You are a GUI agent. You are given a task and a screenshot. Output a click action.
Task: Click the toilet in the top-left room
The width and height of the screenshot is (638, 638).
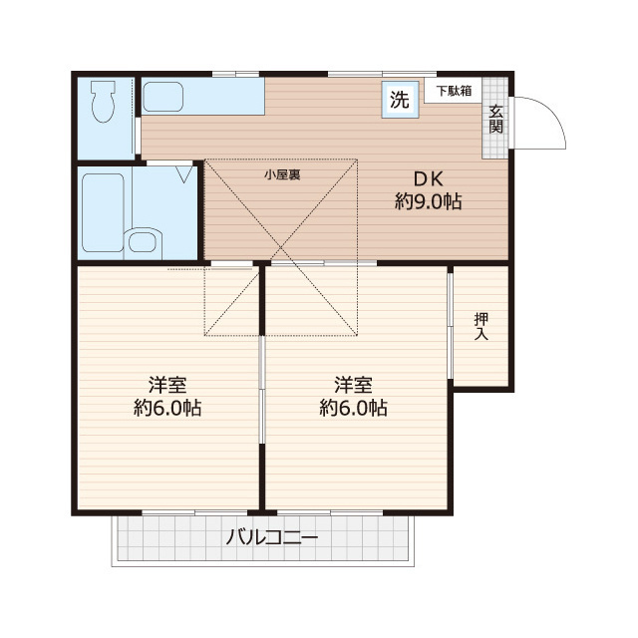click(103, 101)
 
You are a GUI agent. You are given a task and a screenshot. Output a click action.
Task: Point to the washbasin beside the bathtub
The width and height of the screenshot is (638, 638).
click(146, 240)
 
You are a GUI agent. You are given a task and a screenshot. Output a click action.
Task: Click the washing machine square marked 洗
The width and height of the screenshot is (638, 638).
click(399, 100)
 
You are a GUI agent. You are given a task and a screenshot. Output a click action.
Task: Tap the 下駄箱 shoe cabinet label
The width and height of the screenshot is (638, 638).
click(453, 91)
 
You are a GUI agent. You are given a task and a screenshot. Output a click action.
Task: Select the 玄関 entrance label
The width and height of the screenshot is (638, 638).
click(495, 120)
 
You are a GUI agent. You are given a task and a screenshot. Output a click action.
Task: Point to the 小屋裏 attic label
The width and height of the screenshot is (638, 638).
click(283, 174)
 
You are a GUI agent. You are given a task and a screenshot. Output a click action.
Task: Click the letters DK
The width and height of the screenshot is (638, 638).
click(428, 179)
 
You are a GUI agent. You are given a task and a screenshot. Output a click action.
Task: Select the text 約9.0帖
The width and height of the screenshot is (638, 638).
click(428, 202)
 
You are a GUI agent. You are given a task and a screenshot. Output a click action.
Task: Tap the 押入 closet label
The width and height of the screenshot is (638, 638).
click(481, 327)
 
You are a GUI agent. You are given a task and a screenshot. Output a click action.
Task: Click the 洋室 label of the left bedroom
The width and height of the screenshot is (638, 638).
click(168, 385)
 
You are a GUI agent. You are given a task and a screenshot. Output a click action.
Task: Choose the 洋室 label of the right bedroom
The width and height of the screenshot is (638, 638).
click(354, 385)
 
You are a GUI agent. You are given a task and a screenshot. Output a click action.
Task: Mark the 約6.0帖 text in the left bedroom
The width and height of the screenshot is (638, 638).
click(168, 408)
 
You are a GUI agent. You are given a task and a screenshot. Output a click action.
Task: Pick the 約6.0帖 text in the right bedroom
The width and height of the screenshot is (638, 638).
click(354, 408)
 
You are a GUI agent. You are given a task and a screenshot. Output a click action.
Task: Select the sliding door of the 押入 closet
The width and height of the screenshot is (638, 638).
click(451, 324)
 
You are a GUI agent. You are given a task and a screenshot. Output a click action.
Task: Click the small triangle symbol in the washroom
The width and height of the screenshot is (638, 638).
click(184, 174)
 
